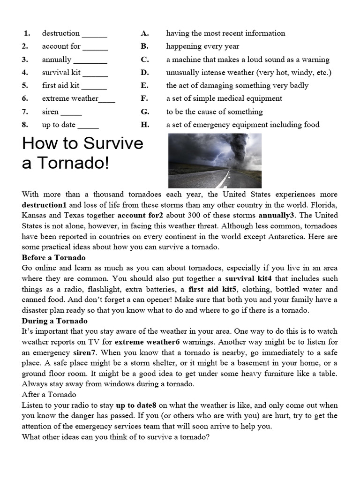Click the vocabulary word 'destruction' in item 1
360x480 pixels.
(60, 33)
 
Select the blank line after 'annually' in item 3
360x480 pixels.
(90, 60)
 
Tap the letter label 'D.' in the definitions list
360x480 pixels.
(144, 73)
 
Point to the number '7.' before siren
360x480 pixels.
(25, 112)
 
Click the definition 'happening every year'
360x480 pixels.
(202, 46)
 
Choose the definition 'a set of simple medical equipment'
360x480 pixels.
(224, 98)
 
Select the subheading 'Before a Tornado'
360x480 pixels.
(53, 258)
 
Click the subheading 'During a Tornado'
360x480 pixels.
(54, 321)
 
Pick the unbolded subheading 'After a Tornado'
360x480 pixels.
(49, 395)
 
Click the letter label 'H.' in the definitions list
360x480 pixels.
(144, 125)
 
